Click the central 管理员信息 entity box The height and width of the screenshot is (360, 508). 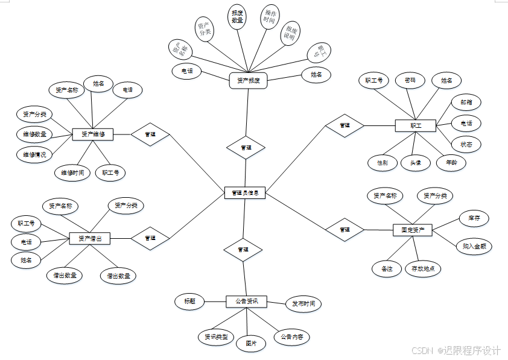[244, 193]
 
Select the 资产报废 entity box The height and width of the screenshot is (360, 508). [248, 80]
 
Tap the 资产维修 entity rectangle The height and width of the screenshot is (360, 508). [92, 134]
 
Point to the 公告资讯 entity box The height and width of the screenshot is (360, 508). [246, 301]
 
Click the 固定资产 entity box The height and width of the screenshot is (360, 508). [413, 230]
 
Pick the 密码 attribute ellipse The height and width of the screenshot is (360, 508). [410, 80]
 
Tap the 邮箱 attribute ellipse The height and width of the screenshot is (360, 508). [466, 103]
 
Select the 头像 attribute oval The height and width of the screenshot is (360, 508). [415, 163]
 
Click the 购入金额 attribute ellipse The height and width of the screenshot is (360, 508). [474, 246]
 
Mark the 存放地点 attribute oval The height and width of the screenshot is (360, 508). [423, 268]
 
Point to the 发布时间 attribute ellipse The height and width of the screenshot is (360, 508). [303, 303]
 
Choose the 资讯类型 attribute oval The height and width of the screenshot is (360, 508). [216, 336]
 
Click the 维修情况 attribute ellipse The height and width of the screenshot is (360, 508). [34, 154]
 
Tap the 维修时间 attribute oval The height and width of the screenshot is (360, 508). [72, 173]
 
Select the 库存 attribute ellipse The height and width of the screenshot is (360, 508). [474, 218]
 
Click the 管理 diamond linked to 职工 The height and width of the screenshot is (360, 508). [344, 125]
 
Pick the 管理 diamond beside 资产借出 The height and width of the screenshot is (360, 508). [150, 238]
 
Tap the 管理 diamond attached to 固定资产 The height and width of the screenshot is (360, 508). [344, 230]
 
